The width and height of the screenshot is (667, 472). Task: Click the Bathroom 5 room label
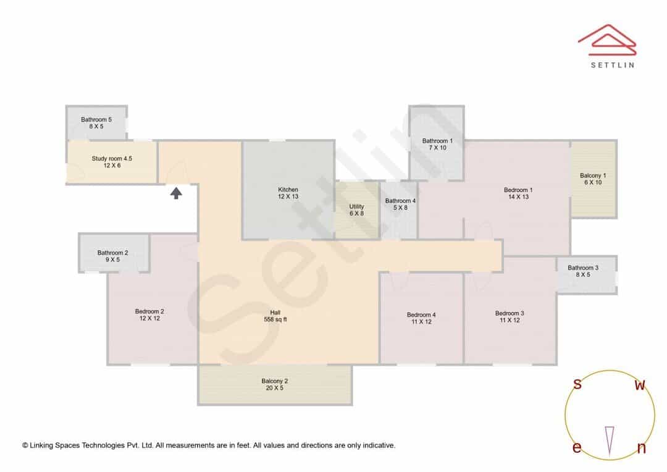point(96,123)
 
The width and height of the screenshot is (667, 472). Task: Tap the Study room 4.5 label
point(112,162)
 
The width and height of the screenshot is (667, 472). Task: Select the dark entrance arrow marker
point(176,193)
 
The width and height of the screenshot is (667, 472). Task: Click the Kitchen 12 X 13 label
point(288,193)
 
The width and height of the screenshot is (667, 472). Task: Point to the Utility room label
point(356,210)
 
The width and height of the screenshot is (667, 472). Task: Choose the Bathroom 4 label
point(400,204)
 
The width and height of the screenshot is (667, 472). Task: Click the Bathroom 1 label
point(437,145)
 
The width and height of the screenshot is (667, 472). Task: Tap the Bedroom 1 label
point(518,193)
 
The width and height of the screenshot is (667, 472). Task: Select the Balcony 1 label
point(593,179)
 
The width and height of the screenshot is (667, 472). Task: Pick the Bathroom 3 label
point(583,271)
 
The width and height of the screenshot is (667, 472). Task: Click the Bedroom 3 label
point(510,317)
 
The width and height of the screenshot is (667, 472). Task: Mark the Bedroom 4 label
point(421,318)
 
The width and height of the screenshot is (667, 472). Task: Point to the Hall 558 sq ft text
point(275,316)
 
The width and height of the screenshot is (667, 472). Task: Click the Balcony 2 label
point(274,384)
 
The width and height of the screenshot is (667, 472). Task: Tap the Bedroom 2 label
point(149,315)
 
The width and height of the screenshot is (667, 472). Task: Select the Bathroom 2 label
point(112,256)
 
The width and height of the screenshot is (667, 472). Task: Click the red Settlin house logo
point(607,40)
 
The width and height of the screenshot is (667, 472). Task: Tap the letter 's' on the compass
point(577,384)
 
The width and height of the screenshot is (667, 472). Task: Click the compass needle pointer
point(610,441)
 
